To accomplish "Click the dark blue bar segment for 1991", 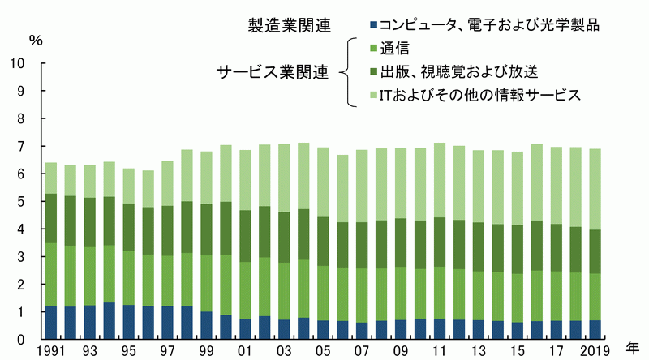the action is [51, 323].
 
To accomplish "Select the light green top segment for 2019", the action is [595, 190].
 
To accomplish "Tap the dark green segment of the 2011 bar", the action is [440, 242].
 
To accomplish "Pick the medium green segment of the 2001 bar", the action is [246, 290].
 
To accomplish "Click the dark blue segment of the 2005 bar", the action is [323, 330].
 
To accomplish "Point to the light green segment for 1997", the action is [168, 184].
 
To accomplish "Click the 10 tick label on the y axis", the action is [18, 63].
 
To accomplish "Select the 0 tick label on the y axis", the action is [21, 339].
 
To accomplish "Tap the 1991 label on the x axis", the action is [51, 351].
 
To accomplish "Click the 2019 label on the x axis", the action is [595, 351].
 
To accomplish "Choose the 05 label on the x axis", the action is [323, 351].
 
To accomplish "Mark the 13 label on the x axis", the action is [479, 351].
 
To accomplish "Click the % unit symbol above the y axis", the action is [36, 41].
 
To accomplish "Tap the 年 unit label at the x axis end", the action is [632, 349].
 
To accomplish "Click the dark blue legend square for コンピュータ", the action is [374, 25].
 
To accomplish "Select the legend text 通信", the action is [395, 49].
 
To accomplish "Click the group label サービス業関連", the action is [273, 72].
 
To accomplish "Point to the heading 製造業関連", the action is [290, 26].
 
